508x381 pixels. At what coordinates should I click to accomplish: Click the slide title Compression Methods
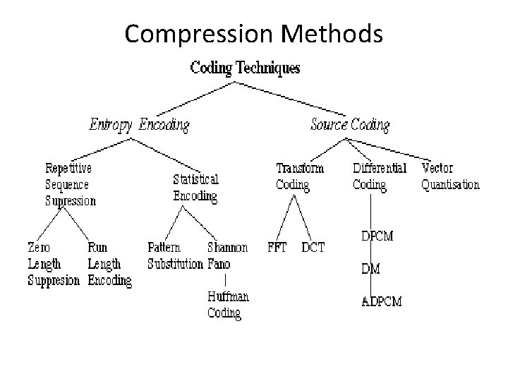[x=253, y=33]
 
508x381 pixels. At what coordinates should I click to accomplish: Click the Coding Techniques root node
[x=245, y=68]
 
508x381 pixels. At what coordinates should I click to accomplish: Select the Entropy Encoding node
[x=139, y=126]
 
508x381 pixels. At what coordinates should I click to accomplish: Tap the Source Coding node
[x=350, y=126]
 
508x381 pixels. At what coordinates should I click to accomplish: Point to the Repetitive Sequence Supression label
[x=71, y=185]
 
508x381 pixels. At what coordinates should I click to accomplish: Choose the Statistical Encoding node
[x=195, y=188]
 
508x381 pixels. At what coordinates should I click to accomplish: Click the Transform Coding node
[x=300, y=176]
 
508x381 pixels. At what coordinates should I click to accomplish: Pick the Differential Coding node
[x=380, y=176]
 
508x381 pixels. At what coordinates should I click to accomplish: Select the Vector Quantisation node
[x=450, y=176]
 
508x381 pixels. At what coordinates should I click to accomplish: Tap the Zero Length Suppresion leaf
[x=54, y=264]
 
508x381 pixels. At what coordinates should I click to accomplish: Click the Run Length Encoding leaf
[x=109, y=264]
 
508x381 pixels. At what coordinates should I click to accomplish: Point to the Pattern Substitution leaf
[x=175, y=256]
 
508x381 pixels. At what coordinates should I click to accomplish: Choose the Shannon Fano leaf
[x=227, y=256]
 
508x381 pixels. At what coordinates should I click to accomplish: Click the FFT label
[x=277, y=248]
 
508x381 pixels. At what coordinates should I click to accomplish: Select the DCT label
[x=313, y=248]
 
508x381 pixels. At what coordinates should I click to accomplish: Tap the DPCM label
[x=377, y=236]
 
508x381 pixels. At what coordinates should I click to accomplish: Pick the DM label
[x=371, y=269]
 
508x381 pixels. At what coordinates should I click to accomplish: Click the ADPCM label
[x=382, y=302]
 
